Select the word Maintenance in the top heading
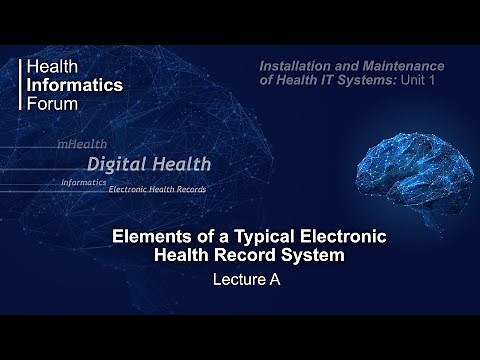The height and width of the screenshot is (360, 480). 398,66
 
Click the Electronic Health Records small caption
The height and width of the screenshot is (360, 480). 157,189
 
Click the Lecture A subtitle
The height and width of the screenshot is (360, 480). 246,281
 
